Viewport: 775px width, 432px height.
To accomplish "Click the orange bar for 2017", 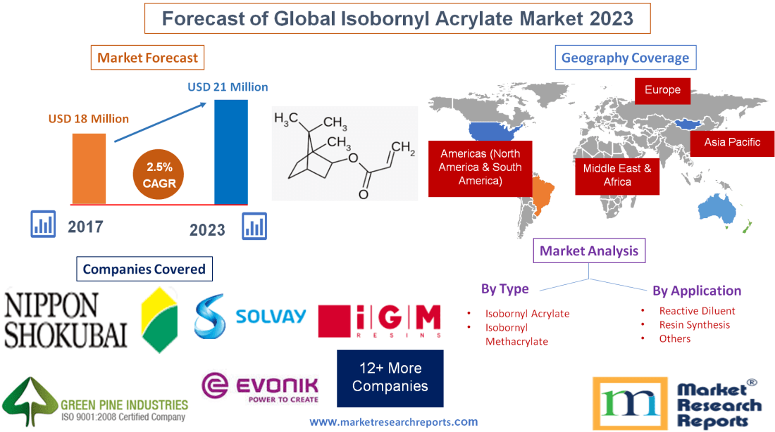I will [89, 168].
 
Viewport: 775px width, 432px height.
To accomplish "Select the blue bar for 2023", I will [231, 151].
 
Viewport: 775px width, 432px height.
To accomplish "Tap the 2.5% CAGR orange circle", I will [157, 175].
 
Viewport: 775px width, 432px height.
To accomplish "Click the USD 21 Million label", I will [228, 87].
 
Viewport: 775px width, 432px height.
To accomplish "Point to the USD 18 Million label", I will [89, 119].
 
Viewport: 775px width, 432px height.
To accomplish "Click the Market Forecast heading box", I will [148, 58].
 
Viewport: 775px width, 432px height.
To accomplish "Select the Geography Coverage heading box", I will [626, 58].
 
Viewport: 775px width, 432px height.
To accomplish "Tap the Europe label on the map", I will [662, 90].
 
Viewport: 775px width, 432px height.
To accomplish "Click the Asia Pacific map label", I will [732, 142].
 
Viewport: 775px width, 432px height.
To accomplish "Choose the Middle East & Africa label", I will [617, 175].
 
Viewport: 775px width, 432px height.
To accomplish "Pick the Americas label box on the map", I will [480, 167].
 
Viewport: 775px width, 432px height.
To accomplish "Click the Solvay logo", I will [251, 316].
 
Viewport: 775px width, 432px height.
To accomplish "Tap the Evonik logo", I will [260, 387].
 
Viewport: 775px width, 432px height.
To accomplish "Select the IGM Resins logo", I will [380, 321].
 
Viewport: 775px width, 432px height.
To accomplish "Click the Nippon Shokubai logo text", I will [66, 319].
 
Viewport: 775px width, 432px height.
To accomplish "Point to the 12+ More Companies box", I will [390, 378].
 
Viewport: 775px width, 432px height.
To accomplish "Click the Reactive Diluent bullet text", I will [697, 310].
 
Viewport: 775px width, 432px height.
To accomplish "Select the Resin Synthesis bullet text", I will [694, 324].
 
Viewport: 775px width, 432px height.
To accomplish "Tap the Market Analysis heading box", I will [588, 250].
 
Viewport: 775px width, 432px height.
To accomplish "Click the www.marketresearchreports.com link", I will [394, 422].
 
